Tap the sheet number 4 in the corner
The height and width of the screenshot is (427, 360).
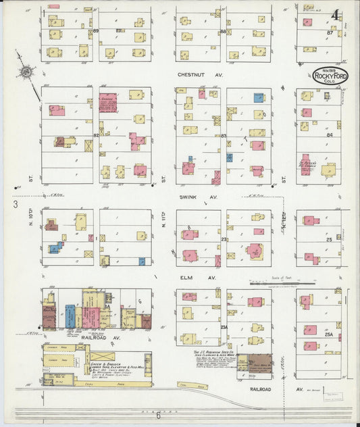click(x=336, y=14)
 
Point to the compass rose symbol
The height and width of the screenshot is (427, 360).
click(x=25, y=72)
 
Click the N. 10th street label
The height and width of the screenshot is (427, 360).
click(x=32, y=224)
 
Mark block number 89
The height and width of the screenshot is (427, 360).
click(x=96, y=31)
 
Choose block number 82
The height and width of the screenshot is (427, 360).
click(x=96, y=136)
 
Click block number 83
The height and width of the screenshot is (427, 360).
click(x=223, y=136)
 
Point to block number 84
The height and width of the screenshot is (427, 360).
click(x=330, y=135)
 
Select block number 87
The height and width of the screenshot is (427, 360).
click(x=330, y=32)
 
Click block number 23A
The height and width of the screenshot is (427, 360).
click(x=223, y=327)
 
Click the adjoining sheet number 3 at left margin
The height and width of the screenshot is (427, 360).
click(x=14, y=203)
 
